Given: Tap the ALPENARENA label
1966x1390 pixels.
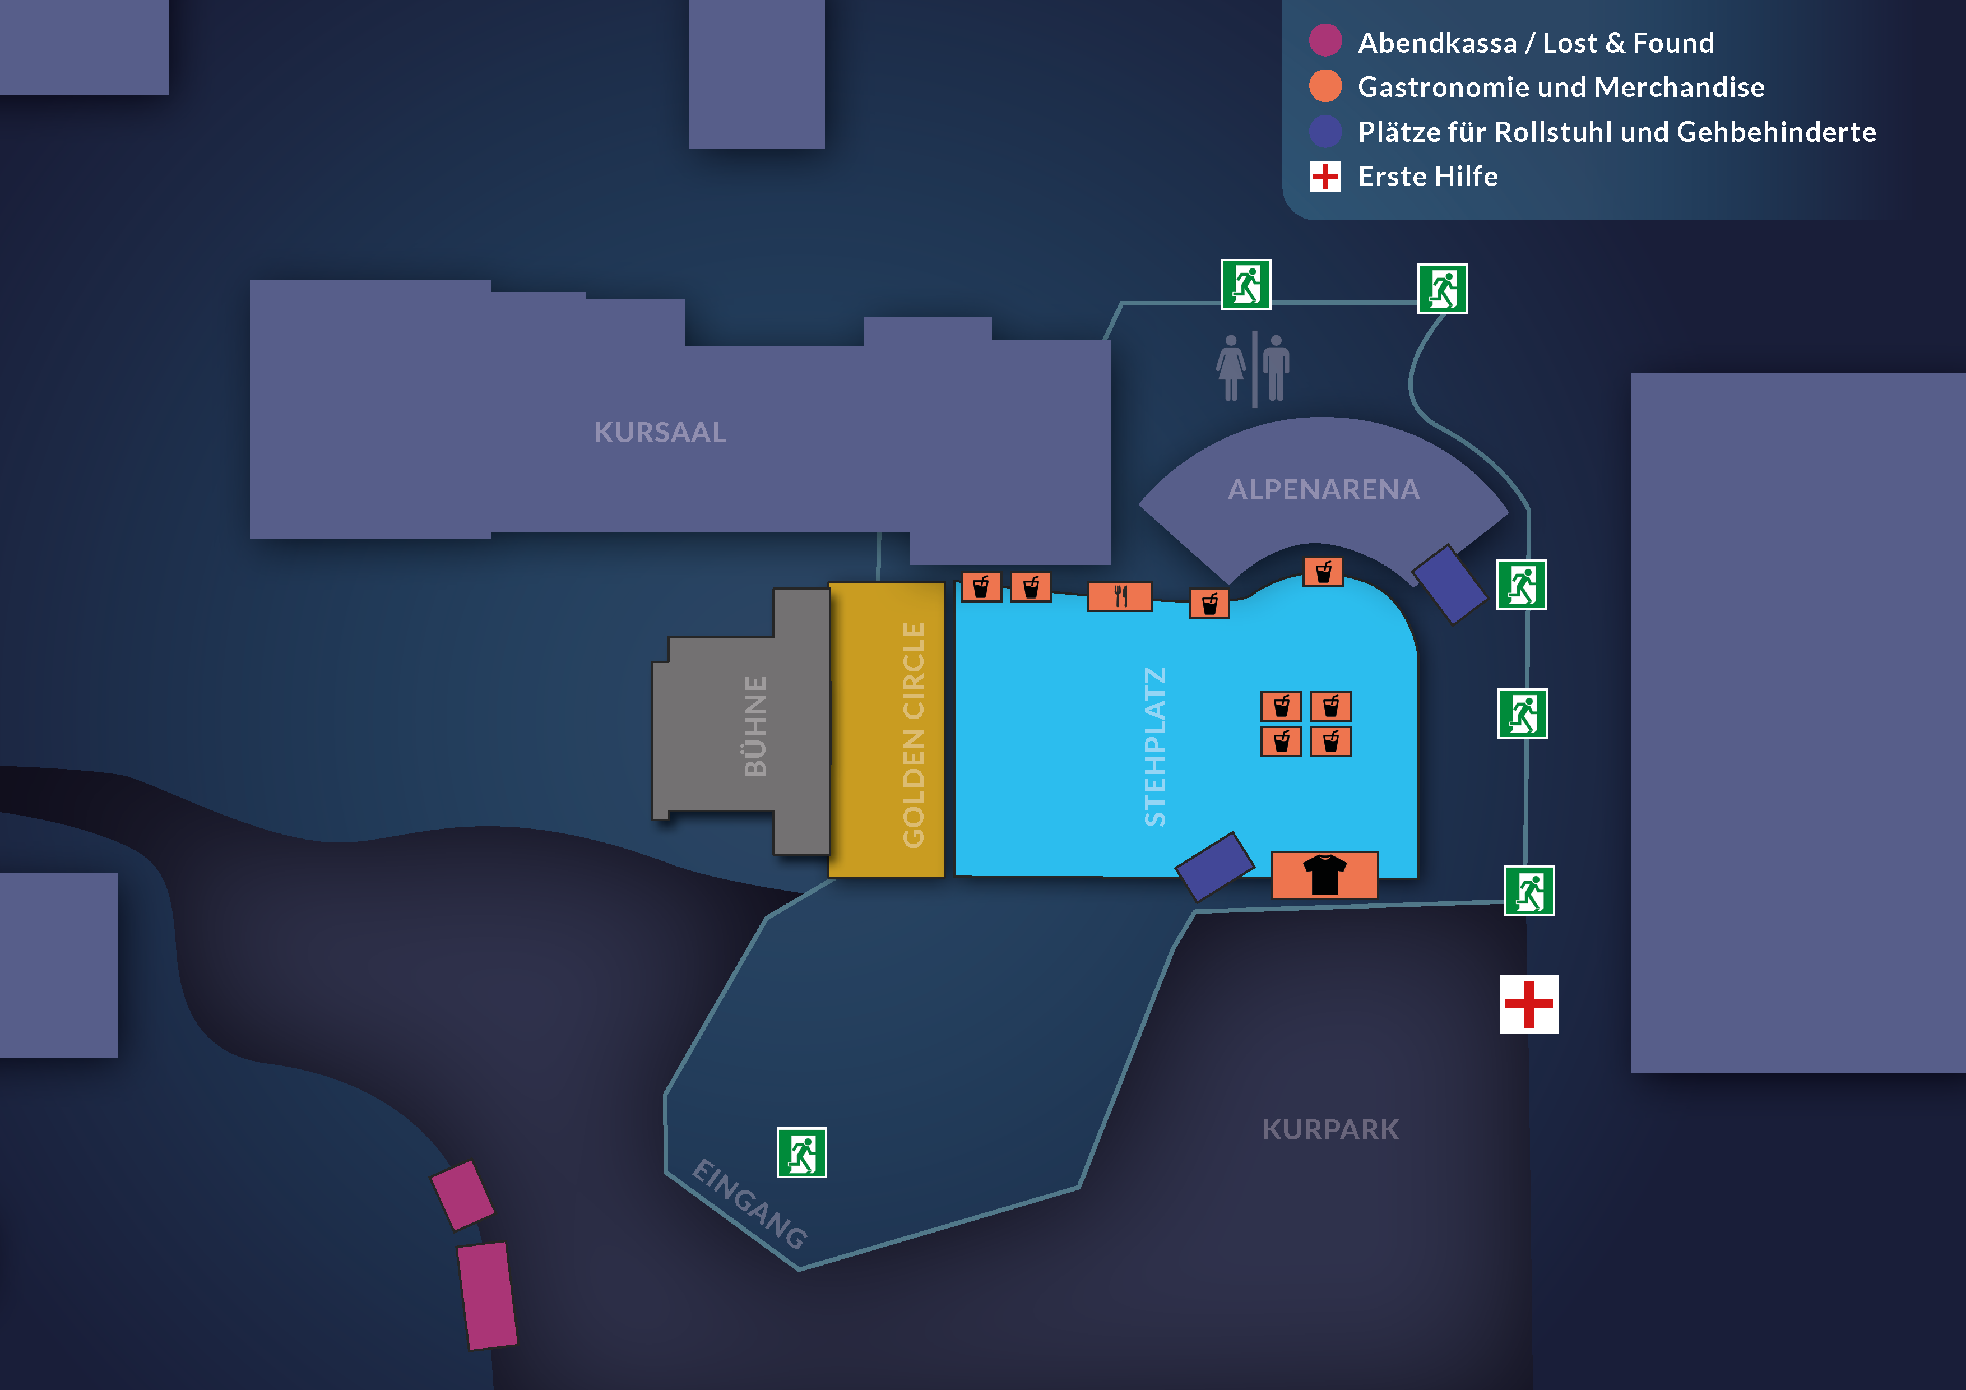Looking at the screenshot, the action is coord(1324,490).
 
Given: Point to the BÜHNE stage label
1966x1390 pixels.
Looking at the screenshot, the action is coord(755,726).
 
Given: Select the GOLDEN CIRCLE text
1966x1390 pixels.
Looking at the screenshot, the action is coord(914,735).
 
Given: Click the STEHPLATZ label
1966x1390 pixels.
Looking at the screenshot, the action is coord(1155,746).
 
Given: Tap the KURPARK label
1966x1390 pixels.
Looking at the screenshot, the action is coord(1330,1129).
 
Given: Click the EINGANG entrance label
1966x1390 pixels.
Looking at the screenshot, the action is coord(749,1203).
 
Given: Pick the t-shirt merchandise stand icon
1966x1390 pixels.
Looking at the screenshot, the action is coord(1324,874).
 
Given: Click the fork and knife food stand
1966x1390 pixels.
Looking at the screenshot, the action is coord(1120,596).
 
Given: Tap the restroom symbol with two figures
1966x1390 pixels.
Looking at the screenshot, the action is coord(1253,368).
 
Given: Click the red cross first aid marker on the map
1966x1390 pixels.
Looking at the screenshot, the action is coord(1528,1004).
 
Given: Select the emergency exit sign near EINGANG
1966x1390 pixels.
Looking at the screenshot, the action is coord(801,1153).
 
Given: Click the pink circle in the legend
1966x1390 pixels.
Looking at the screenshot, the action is coord(1325,41).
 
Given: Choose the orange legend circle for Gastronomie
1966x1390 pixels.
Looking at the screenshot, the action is coord(1325,86).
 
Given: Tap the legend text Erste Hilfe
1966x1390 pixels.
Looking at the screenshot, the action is coord(1427,177).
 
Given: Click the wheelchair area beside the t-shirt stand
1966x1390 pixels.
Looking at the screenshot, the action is coord(1215,866).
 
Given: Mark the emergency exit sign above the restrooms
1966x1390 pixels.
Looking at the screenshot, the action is coord(1246,284).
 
